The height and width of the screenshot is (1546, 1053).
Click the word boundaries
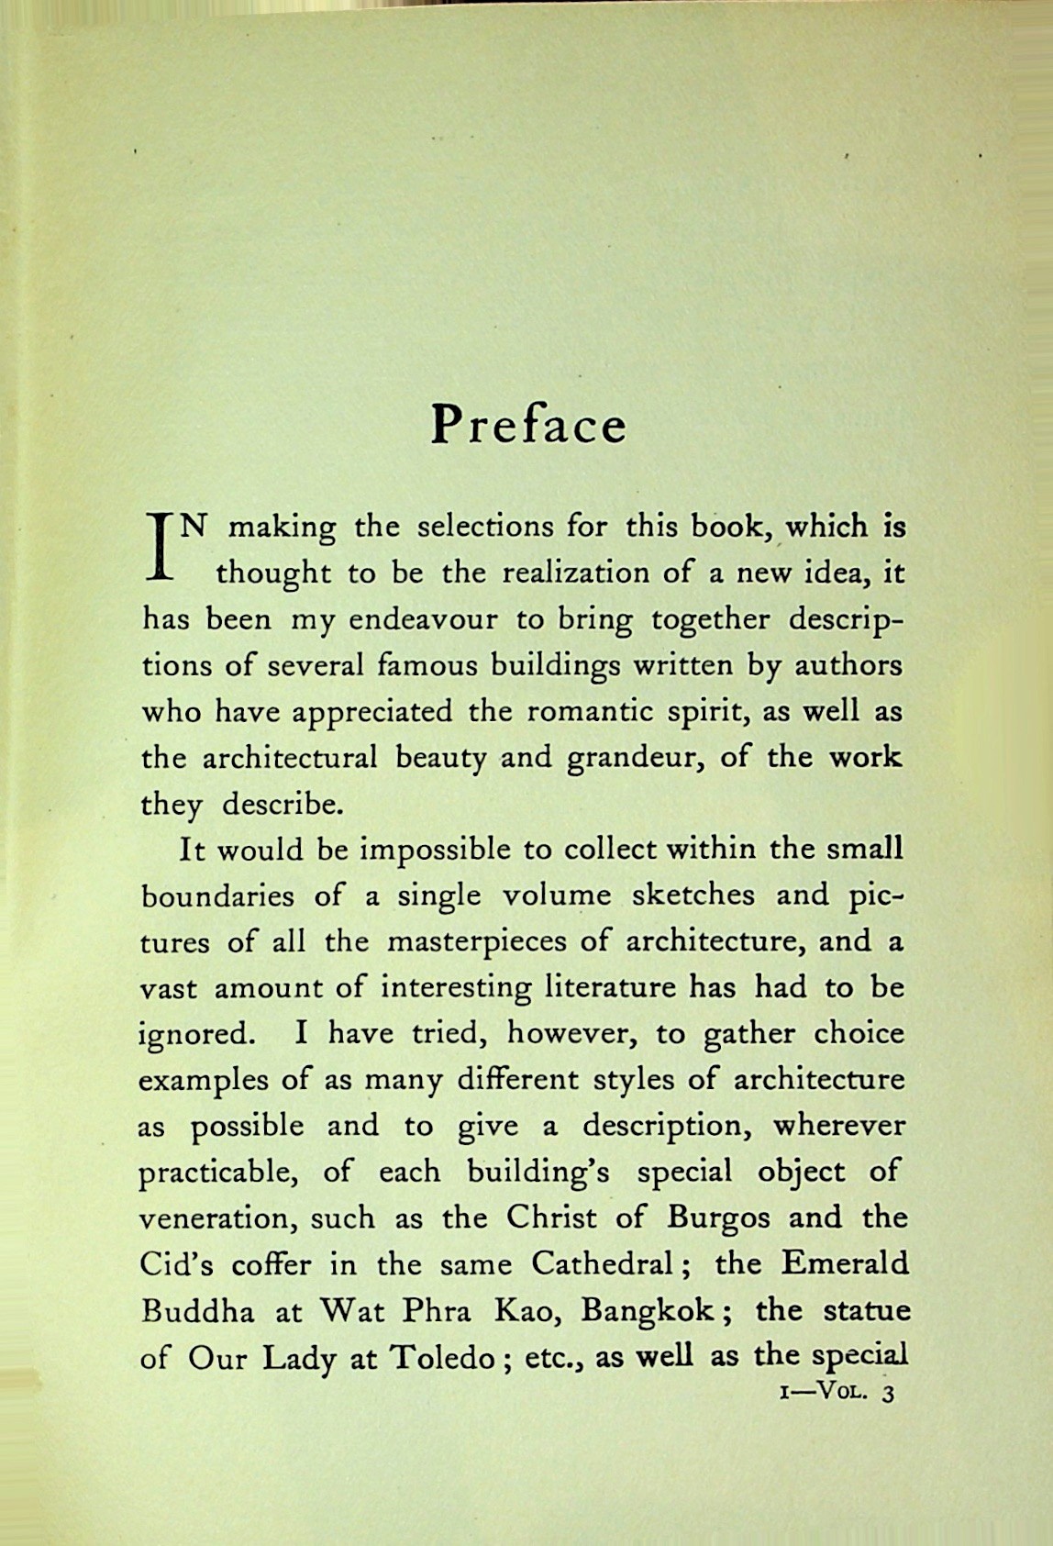click(218, 896)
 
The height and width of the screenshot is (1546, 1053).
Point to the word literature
click(610, 988)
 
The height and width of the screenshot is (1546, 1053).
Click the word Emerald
click(846, 1264)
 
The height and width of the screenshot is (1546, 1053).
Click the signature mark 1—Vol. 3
click(834, 1393)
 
